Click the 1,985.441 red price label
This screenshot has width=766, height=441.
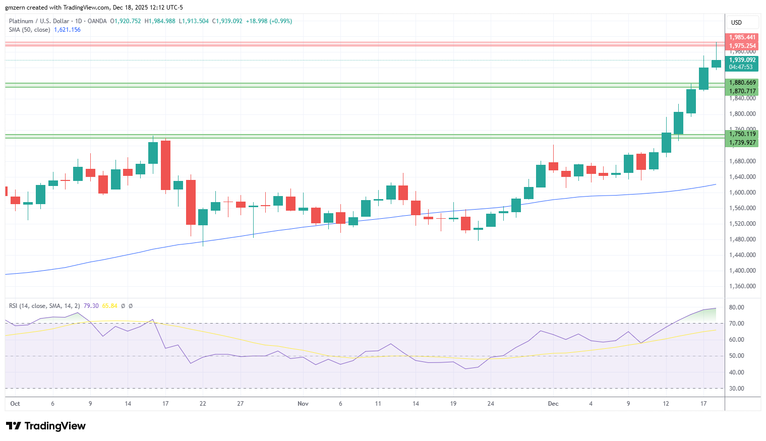click(742, 37)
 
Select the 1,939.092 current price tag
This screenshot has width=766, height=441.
click(742, 60)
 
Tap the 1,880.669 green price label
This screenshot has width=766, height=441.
click(742, 83)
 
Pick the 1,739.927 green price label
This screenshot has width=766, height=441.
click(742, 143)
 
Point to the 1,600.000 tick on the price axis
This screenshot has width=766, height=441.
click(742, 193)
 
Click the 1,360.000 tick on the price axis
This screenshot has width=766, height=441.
click(742, 286)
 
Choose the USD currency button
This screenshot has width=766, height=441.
click(737, 23)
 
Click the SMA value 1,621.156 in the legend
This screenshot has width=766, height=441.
click(67, 30)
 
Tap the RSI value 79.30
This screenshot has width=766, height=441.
click(91, 306)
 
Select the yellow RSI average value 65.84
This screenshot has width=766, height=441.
click(109, 306)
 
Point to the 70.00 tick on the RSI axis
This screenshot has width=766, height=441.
click(736, 324)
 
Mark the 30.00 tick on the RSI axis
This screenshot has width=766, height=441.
click(736, 389)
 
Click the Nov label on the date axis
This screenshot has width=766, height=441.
click(303, 404)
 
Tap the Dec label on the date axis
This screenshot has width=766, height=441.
click(553, 404)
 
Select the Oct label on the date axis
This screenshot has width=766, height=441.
click(15, 404)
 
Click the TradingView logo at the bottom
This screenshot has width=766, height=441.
click(46, 426)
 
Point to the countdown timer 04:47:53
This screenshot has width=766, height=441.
click(741, 67)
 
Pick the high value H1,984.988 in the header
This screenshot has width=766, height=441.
click(160, 21)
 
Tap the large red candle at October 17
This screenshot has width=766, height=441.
click(165, 165)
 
